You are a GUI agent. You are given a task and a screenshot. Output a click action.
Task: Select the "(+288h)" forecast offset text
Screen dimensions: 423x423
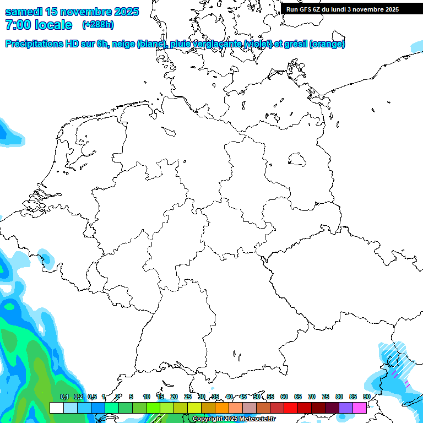(x=98, y=25)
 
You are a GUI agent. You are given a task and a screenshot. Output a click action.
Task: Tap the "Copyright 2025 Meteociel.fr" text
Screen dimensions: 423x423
(x=234, y=419)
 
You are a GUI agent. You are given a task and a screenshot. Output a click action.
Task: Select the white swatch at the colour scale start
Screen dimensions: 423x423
(x=56, y=408)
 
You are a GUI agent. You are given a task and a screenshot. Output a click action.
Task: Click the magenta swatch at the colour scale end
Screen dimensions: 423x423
(x=360, y=408)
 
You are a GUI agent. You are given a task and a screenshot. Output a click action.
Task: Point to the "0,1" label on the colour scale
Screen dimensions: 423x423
(x=64, y=397)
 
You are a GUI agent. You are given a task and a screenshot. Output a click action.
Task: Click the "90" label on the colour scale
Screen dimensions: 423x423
(x=367, y=397)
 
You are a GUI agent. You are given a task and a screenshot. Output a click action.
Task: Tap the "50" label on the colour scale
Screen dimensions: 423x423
(x=257, y=397)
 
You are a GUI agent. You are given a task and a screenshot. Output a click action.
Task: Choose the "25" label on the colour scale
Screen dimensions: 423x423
(x=188, y=397)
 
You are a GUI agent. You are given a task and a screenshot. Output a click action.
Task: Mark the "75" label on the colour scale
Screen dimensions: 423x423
(x=326, y=397)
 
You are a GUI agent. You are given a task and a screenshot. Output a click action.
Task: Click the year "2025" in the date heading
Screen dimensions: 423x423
(x=123, y=12)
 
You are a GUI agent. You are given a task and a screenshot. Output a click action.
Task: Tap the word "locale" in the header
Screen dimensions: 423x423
(x=54, y=25)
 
